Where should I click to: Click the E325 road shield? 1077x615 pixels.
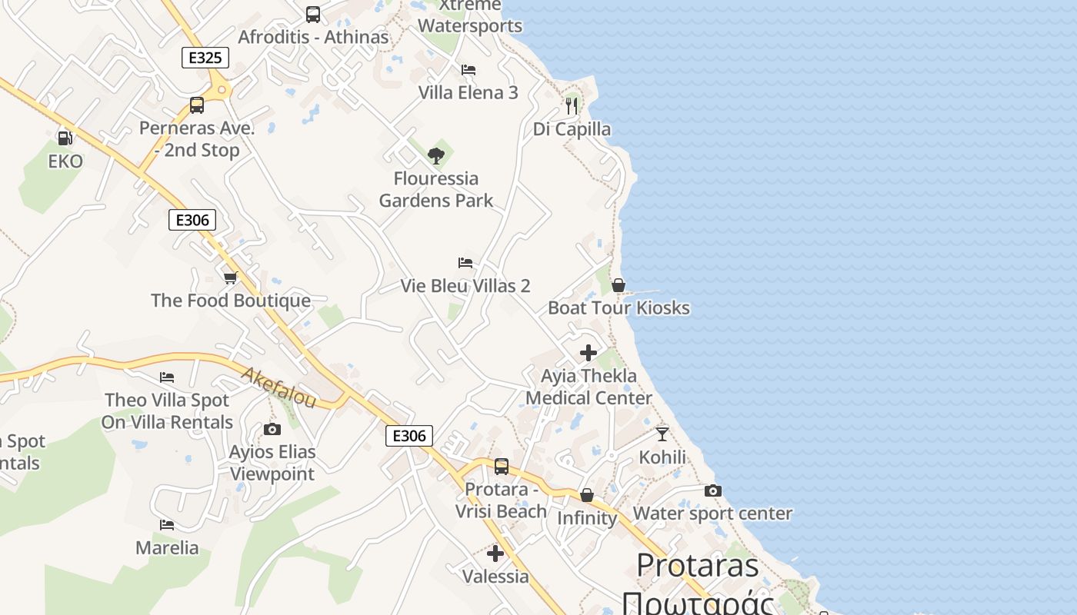tap(205, 57)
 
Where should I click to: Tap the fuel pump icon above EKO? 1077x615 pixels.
tap(65, 138)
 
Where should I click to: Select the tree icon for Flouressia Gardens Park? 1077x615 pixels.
tap(436, 156)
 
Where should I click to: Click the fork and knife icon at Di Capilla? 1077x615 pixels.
tap(572, 105)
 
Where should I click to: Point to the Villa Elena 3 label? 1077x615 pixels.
tap(468, 93)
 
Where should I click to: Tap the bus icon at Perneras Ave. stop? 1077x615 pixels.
tap(197, 105)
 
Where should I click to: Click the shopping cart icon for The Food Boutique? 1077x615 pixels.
tap(230, 278)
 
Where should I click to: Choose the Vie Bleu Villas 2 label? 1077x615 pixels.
tap(465, 286)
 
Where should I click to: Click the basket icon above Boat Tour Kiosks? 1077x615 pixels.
tap(618, 285)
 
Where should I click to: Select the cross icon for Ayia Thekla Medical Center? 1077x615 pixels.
tap(589, 353)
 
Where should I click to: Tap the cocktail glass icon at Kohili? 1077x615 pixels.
tap(662, 434)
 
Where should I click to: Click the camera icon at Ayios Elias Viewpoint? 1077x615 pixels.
tap(272, 429)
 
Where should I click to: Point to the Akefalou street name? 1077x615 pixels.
tap(278, 387)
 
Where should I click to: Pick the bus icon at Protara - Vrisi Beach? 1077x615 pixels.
tap(502, 466)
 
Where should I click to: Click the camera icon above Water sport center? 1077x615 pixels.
tap(713, 491)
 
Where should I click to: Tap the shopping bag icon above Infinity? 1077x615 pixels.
tap(587, 495)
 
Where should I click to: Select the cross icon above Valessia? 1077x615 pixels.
tap(495, 553)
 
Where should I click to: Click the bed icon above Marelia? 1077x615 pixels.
tap(167, 525)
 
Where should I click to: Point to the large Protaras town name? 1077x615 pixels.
tap(698, 567)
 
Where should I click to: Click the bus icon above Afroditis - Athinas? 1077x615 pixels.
tap(313, 14)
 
